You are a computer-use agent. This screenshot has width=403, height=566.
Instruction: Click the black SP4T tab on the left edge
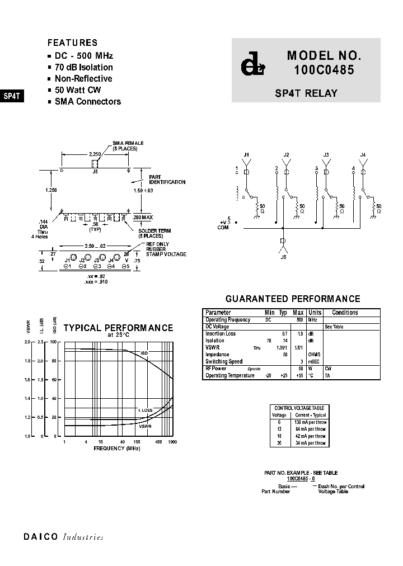(12, 96)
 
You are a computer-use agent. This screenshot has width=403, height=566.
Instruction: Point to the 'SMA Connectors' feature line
(87, 101)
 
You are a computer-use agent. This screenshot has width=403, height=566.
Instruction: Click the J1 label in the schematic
(247, 154)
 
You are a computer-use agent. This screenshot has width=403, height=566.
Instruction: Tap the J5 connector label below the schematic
(283, 258)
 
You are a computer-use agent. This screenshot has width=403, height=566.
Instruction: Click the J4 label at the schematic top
(363, 154)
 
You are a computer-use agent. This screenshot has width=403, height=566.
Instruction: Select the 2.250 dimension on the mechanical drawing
(95, 153)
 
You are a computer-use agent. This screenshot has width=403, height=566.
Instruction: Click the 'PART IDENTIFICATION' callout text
(167, 180)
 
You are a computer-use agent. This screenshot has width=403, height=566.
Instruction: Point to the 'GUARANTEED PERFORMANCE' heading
(292, 299)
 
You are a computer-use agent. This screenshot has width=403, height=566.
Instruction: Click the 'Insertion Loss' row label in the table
(221, 334)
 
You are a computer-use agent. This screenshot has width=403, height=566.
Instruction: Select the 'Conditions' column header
(345, 313)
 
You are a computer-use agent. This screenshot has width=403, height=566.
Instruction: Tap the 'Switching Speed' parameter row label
(224, 362)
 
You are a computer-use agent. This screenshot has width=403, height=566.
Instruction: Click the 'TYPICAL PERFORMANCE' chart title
(118, 328)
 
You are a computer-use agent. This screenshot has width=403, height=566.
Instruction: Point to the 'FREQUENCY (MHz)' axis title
(117, 449)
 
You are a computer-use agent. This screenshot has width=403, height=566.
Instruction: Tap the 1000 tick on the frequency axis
(172, 442)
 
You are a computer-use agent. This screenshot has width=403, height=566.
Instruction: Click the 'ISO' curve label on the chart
(143, 353)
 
